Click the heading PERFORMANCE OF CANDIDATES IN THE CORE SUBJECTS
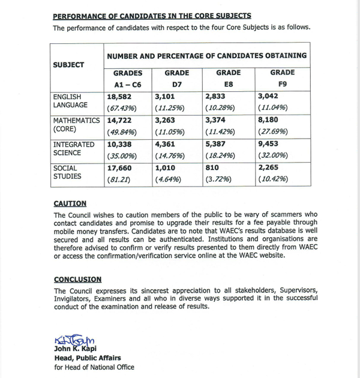click(x=152, y=16)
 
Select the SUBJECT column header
click(x=68, y=65)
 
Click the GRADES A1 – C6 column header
click(x=128, y=79)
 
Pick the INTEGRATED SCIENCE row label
click(x=74, y=149)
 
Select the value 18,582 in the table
click(x=119, y=97)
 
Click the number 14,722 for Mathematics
click(x=119, y=121)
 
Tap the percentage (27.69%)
click(x=273, y=132)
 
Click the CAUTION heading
click(x=70, y=204)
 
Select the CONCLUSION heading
click(x=77, y=280)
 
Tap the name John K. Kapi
click(x=79, y=350)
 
